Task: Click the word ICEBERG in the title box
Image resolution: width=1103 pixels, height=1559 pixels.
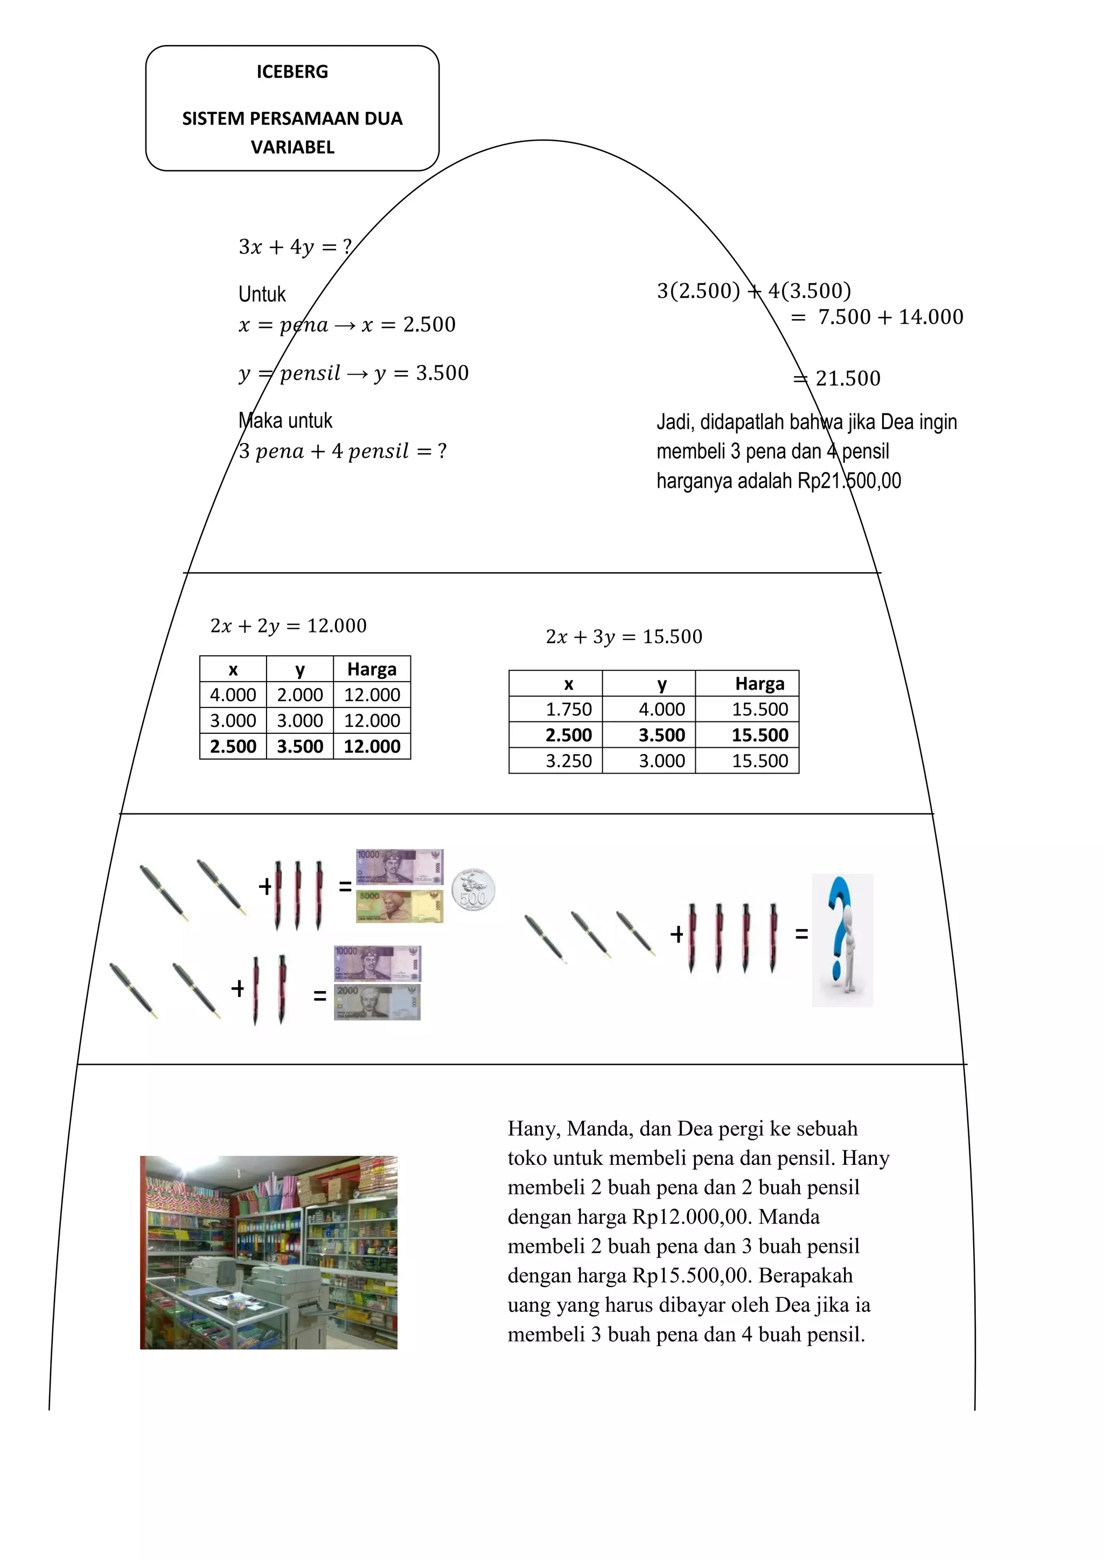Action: pyautogui.click(x=292, y=72)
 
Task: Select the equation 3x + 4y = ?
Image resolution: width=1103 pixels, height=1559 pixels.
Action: pyautogui.click(x=295, y=247)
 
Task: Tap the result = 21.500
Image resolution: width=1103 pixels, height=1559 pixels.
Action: pyautogui.click(x=837, y=378)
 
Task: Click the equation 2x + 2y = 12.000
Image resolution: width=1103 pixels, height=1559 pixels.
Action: pyautogui.click(x=288, y=626)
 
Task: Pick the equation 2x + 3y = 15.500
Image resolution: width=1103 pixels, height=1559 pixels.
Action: pyautogui.click(x=624, y=637)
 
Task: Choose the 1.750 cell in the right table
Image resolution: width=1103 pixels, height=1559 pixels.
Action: pyautogui.click(x=569, y=710)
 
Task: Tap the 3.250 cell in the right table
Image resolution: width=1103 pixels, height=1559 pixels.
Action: pyautogui.click(x=569, y=761)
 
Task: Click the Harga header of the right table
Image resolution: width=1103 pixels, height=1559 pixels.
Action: pyautogui.click(x=759, y=684)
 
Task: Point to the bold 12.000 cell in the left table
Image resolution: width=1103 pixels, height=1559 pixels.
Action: pyautogui.click(x=372, y=747)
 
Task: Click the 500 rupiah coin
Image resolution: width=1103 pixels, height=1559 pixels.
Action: pyautogui.click(x=473, y=889)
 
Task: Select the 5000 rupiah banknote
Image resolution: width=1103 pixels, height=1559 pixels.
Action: pyautogui.click(x=400, y=906)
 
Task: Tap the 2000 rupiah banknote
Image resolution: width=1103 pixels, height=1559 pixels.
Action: pyautogui.click(x=377, y=1001)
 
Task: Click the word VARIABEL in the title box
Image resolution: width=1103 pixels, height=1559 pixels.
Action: pyautogui.click(x=292, y=148)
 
